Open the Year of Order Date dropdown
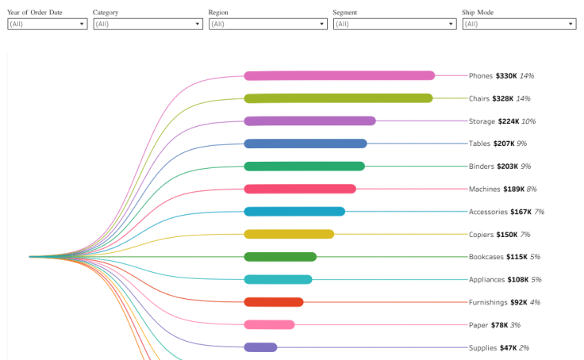47,25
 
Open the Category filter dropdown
148,25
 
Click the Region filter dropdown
267,25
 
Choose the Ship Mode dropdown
519,25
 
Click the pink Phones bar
339,76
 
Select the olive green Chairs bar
338,98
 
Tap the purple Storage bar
309,121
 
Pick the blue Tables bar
305,144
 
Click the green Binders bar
304,167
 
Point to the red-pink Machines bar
300,189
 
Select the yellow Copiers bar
289,234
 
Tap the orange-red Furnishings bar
274,302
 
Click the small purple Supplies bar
260,347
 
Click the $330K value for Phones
506,76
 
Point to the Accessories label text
487,212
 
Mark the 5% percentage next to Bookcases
535,257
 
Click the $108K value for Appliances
515,280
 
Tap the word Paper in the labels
478,325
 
